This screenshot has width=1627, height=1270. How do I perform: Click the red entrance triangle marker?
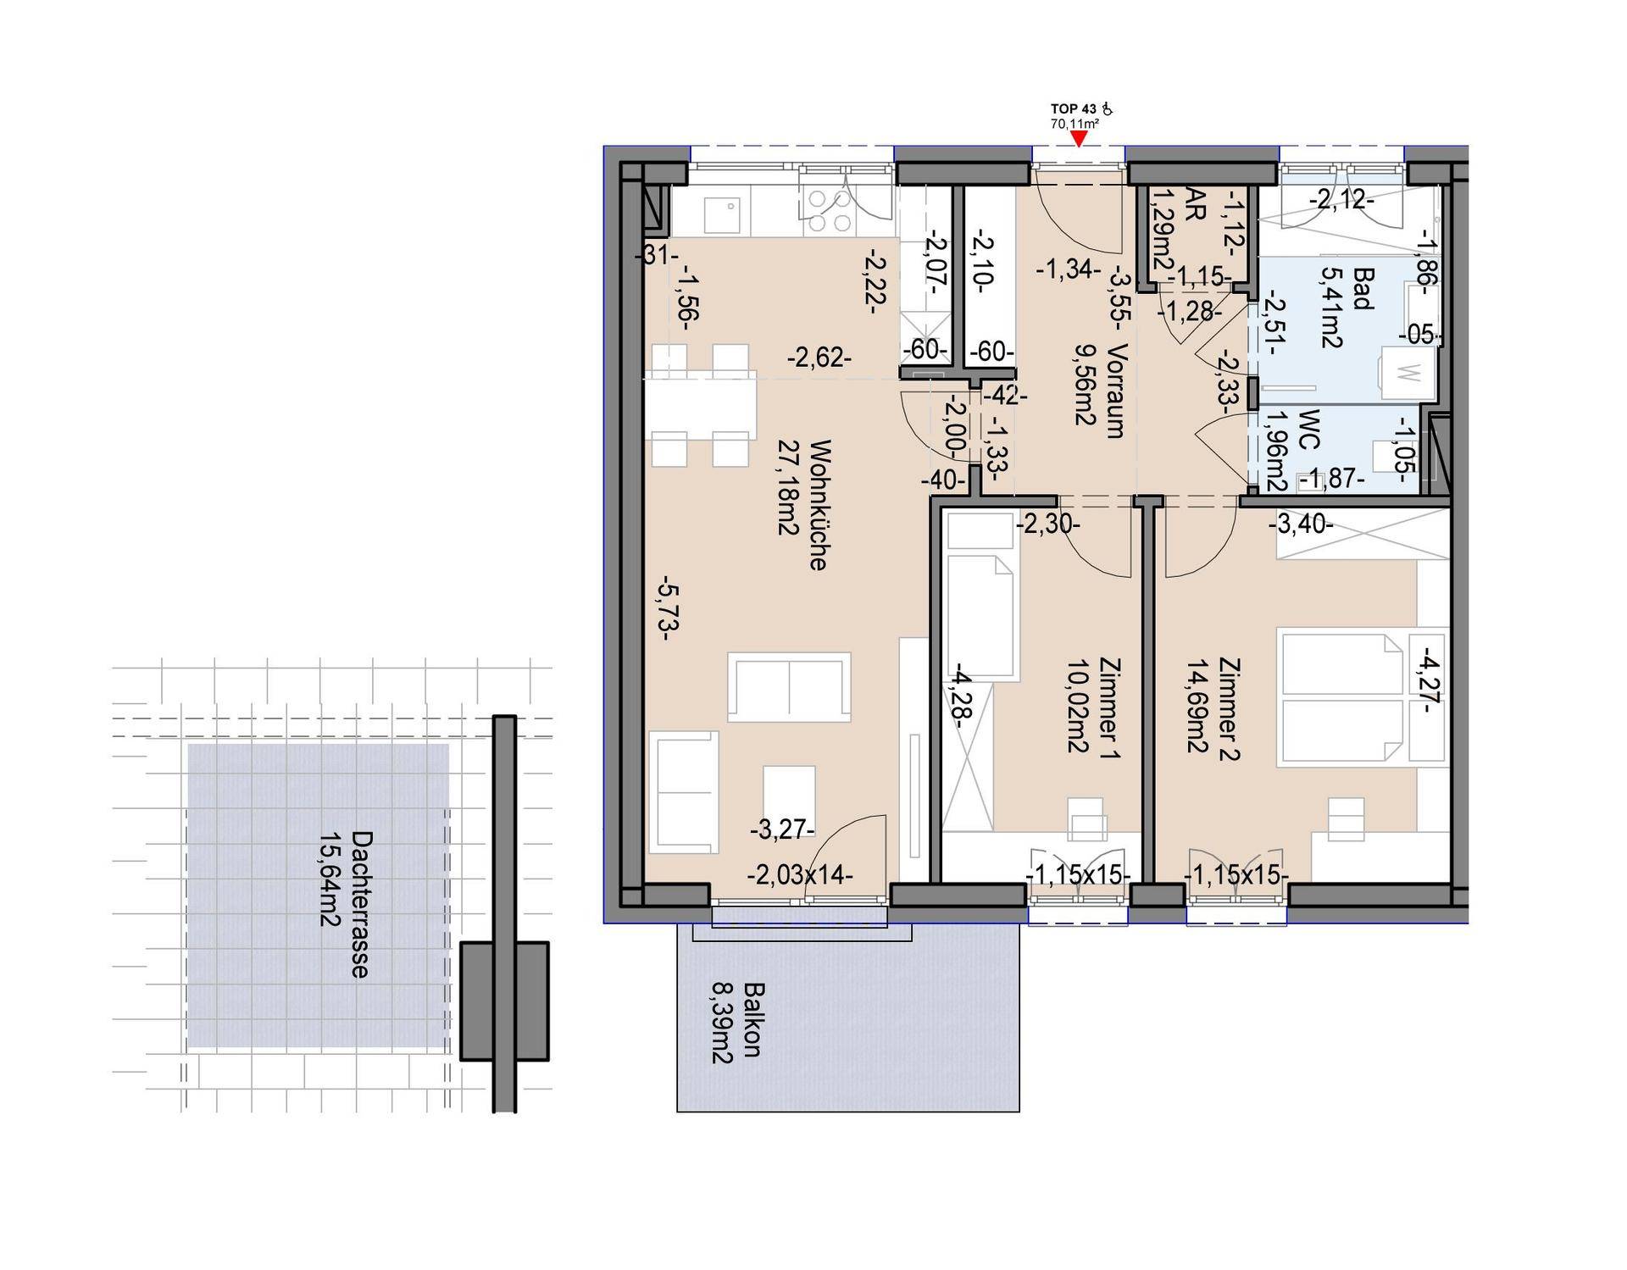tap(1078, 139)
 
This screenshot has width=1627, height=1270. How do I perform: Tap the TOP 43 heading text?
tap(1074, 109)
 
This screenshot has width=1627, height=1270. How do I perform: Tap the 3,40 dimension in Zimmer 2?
tap(1301, 525)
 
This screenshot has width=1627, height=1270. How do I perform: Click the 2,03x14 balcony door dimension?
tap(800, 874)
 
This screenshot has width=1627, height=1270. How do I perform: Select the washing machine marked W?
tap(1408, 373)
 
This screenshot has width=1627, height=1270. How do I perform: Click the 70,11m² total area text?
tap(1074, 124)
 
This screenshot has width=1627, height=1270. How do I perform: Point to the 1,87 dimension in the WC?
tap(1332, 479)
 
